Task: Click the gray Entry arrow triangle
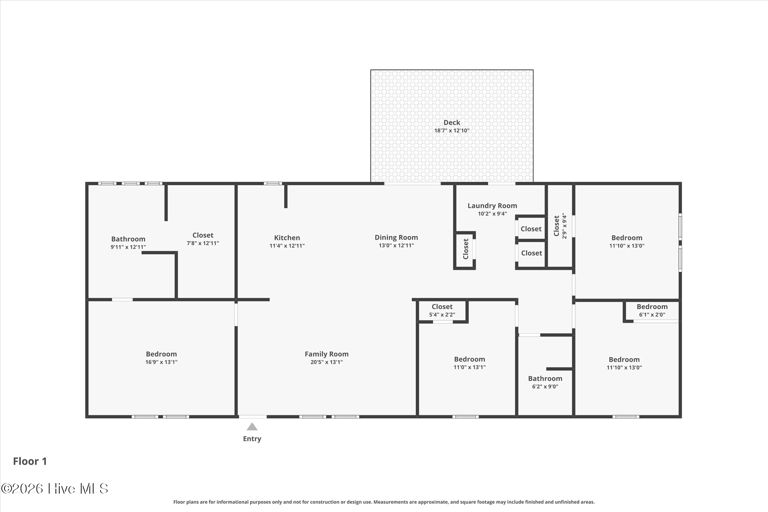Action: (x=252, y=427)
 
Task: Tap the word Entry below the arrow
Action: (x=252, y=439)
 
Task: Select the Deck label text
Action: (x=452, y=122)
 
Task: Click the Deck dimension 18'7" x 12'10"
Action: (x=452, y=131)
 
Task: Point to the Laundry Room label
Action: (x=492, y=206)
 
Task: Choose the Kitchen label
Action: (x=287, y=238)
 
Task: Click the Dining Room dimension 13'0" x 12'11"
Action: (x=396, y=246)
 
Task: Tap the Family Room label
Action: (x=327, y=354)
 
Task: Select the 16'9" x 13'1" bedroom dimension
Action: (x=161, y=362)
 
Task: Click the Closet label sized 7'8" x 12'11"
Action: (x=203, y=235)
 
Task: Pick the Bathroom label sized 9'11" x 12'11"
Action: (x=128, y=239)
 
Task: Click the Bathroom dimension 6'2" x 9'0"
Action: (x=545, y=387)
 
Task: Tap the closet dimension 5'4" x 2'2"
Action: (x=442, y=315)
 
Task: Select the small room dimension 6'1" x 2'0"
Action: (x=652, y=315)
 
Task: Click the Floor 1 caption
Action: (x=30, y=461)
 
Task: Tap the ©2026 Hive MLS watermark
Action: (x=55, y=488)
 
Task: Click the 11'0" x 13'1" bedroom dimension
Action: (x=469, y=368)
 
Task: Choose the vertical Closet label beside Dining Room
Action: (x=466, y=249)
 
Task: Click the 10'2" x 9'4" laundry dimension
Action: (x=492, y=214)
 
